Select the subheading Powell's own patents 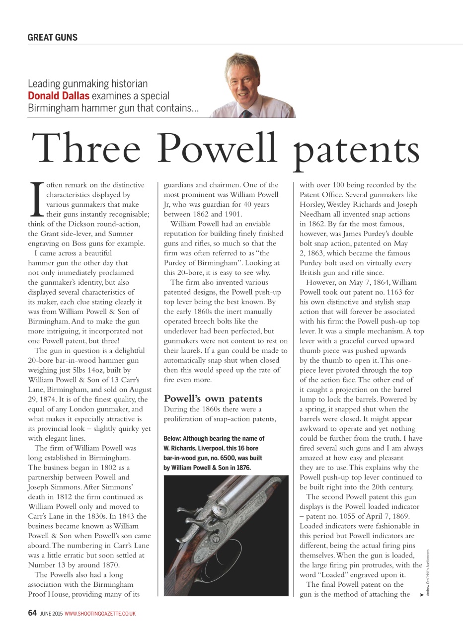[213, 398]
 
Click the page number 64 [32, 613]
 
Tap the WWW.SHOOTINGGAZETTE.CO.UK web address [100, 614]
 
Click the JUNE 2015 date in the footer [51, 614]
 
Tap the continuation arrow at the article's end [422, 594]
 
